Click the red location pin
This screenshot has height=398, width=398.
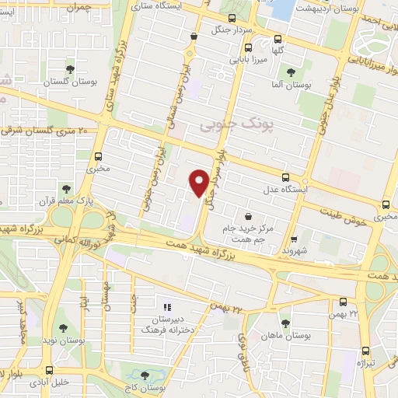click(x=200, y=182)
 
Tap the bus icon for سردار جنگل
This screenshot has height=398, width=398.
click(x=232, y=17)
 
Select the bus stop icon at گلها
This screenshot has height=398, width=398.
click(x=279, y=38)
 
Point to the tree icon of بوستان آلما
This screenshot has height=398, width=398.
click(x=291, y=72)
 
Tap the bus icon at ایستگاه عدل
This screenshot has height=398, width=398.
click(x=286, y=177)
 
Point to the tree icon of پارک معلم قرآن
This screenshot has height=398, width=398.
click(x=66, y=187)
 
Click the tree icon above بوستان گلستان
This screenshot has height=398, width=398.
click(x=69, y=69)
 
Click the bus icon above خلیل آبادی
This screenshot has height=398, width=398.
click(x=50, y=370)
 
